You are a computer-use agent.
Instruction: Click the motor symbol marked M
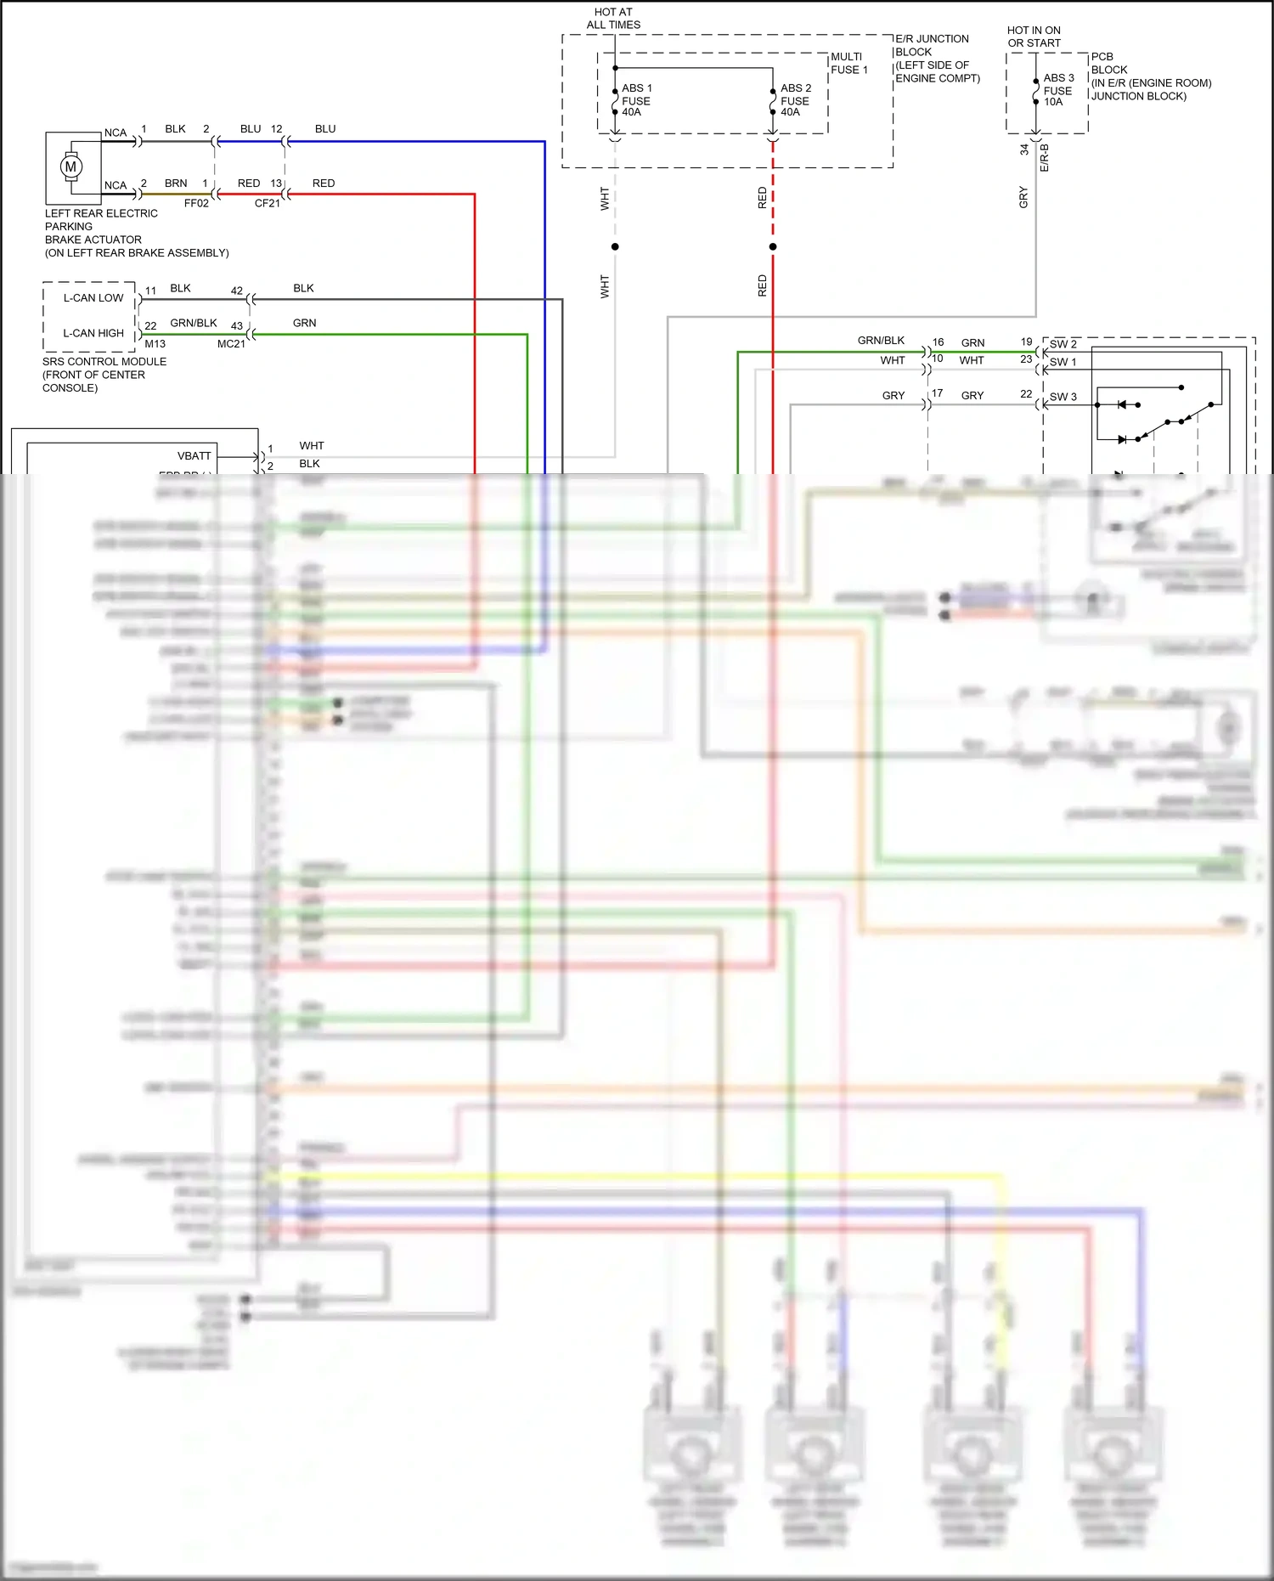tap(71, 167)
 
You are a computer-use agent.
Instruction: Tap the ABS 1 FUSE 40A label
tap(636, 100)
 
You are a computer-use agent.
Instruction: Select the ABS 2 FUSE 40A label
tap(795, 100)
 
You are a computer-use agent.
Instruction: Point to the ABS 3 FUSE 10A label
tap(1057, 90)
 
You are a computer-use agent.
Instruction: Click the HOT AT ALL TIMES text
tap(613, 19)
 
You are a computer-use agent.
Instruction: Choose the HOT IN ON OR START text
tap(1034, 37)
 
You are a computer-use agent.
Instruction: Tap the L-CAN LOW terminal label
tap(93, 298)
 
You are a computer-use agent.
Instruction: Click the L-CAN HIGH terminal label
tap(93, 333)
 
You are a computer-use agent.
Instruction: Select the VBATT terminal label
tap(194, 456)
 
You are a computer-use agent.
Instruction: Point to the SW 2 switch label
tap(1063, 344)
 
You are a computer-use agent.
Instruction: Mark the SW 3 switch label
tap(1063, 397)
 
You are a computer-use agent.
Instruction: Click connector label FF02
tap(196, 204)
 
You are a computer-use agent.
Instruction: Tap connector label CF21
tap(267, 204)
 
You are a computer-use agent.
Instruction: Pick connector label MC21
tap(231, 344)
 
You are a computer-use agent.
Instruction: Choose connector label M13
tap(155, 344)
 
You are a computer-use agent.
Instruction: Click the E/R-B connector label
tap(1045, 158)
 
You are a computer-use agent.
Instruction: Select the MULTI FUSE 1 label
tap(849, 64)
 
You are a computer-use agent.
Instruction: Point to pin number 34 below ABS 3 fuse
tap(1024, 150)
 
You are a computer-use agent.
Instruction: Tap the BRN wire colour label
tap(176, 184)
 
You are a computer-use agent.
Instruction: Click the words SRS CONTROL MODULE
tap(104, 362)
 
